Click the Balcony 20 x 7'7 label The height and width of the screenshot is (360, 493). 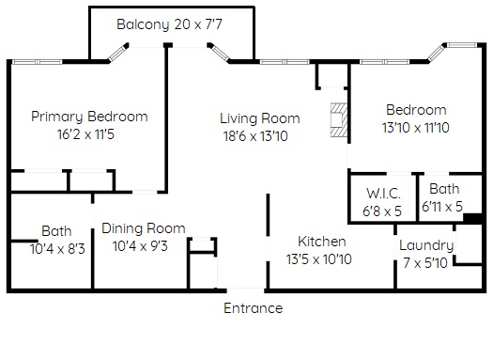[169, 24]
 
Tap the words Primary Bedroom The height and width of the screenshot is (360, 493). [89, 117]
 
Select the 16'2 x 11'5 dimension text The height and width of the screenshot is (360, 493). [85, 134]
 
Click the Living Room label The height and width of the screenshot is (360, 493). [260, 118]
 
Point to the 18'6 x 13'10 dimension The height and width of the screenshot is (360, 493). [255, 136]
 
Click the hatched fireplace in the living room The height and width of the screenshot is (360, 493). [339, 120]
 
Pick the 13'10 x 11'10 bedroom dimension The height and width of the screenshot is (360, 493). [416, 128]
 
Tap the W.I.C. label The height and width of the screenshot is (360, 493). [383, 194]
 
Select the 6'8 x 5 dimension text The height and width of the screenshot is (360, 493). [382, 211]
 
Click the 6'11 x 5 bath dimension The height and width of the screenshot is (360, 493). [442, 207]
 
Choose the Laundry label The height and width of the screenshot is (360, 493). [426, 245]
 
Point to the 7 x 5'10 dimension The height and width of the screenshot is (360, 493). [425, 263]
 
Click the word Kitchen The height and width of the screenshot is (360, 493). [322, 242]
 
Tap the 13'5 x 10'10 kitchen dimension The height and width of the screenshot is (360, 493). [319, 259]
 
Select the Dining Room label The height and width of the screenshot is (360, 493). [144, 228]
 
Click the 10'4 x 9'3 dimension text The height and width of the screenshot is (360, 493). [140, 246]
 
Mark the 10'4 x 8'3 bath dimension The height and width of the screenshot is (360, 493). [57, 249]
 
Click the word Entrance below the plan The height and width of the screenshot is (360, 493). [254, 308]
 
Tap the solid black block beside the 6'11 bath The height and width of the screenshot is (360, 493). [472, 219]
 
